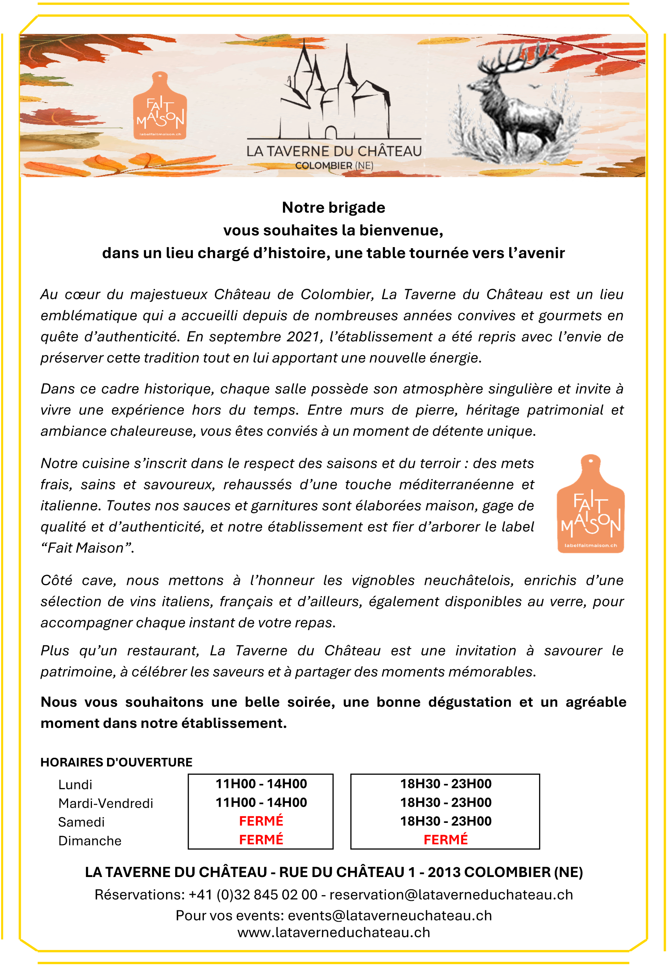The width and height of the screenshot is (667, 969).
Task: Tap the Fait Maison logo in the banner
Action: tap(160, 107)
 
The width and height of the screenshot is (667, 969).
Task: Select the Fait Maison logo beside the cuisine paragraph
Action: tap(591, 504)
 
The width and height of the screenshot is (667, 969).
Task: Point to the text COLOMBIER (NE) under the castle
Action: tap(334, 165)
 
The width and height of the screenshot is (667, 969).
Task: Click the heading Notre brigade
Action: tap(334, 207)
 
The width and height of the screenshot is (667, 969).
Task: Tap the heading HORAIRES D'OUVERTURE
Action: tap(116, 762)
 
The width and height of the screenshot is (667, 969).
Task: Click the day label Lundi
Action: tap(75, 784)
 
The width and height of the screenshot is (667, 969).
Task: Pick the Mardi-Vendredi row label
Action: tap(106, 803)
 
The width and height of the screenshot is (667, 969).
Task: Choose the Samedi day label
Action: tap(81, 822)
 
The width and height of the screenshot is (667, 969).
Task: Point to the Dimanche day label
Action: tap(90, 841)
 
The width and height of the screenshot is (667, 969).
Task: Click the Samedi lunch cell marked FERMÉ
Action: tap(261, 821)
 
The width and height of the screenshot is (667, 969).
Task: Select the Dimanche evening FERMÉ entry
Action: tap(446, 840)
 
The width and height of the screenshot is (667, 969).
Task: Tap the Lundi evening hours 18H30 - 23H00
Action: tap(446, 784)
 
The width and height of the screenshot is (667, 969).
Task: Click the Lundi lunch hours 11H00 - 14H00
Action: tap(261, 784)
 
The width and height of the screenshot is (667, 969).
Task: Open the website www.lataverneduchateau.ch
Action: tap(334, 933)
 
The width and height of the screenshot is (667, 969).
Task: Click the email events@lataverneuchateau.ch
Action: tap(390, 916)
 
